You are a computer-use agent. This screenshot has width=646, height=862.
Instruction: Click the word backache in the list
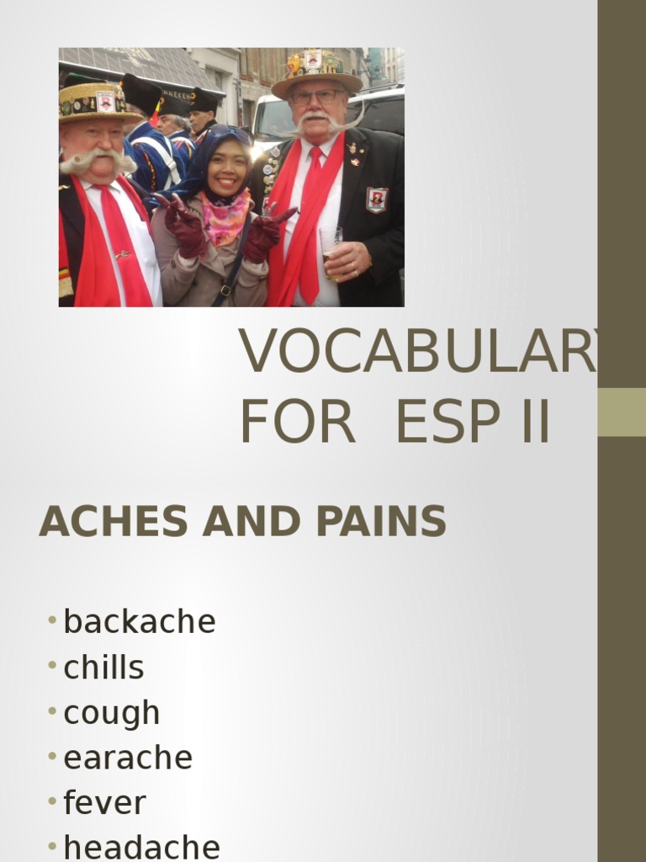tap(140, 622)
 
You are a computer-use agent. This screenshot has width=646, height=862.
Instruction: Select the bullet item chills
tap(103, 668)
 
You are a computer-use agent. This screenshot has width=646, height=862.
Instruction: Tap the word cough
tap(111, 713)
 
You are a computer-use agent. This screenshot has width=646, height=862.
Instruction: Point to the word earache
tap(128, 758)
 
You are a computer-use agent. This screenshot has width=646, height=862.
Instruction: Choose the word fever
tap(104, 803)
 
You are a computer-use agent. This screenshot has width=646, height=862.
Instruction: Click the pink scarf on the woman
tap(225, 216)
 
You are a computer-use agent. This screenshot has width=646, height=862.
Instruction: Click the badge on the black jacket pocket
tap(377, 200)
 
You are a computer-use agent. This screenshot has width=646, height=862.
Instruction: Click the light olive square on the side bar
tap(622, 412)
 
